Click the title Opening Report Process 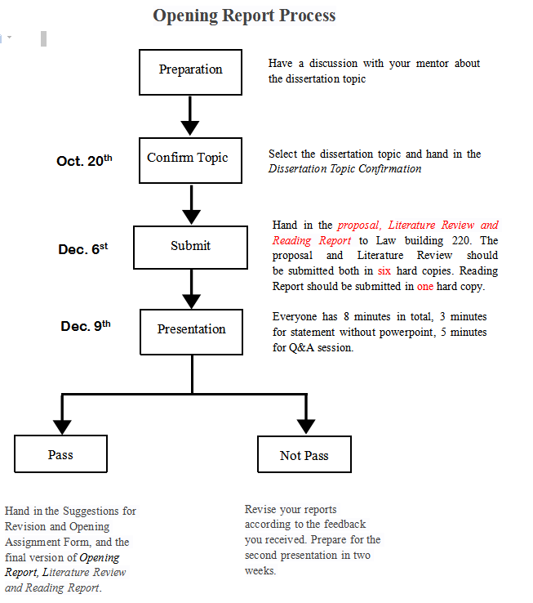[244, 16]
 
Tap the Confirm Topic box [191, 160]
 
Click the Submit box [190, 247]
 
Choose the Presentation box [191, 331]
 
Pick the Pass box [60, 453]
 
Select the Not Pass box [304, 455]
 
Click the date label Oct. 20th [83, 161]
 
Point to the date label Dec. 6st [82, 248]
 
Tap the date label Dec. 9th [85, 326]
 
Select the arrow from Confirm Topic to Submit [191, 204]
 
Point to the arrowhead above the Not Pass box [306, 425]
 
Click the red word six [384, 270]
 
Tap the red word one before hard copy [425, 286]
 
